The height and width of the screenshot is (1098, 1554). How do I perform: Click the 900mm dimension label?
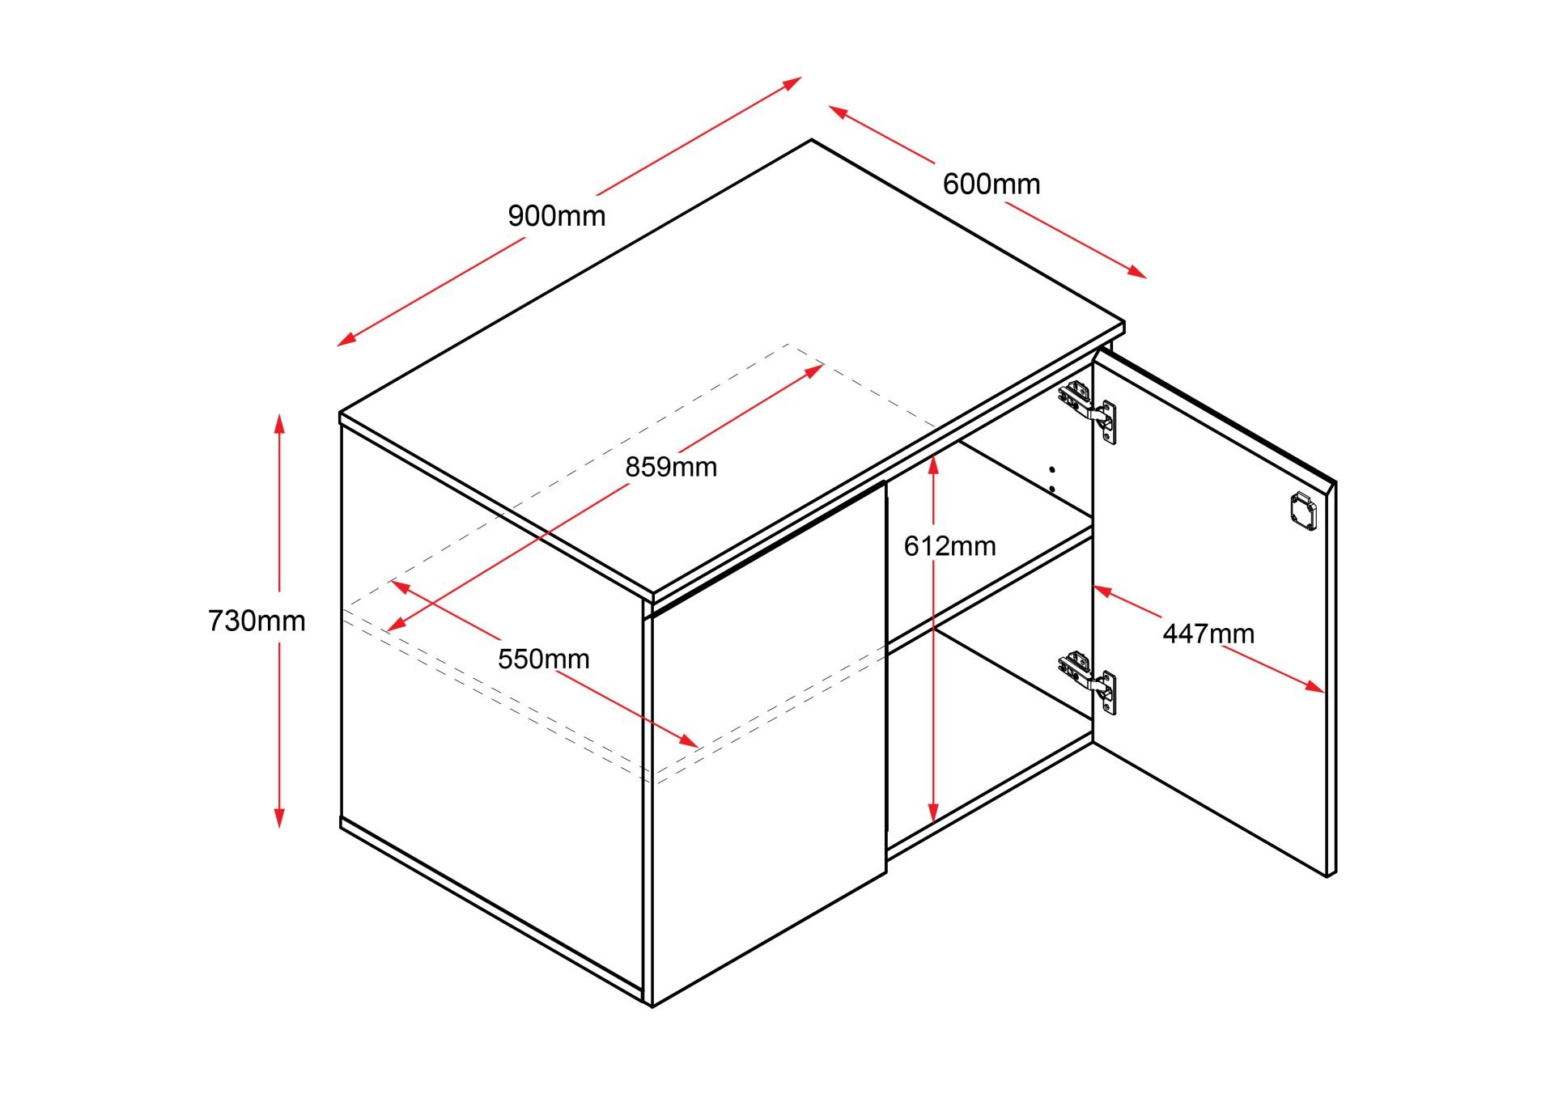pyautogui.click(x=557, y=216)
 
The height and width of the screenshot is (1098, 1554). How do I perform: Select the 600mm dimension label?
pyautogui.click(x=991, y=184)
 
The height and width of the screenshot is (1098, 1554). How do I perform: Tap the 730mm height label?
pyautogui.click(x=257, y=621)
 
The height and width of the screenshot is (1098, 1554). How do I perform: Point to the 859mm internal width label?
pyautogui.click(x=671, y=467)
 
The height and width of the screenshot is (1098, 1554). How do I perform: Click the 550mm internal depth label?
pyautogui.click(x=543, y=659)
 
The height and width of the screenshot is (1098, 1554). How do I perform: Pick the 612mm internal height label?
pyautogui.click(x=949, y=546)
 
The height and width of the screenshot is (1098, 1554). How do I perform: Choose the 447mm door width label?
pyautogui.click(x=1208, y=633)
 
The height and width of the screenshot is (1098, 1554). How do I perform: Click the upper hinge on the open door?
pyautogui.click(x=1088, y=411)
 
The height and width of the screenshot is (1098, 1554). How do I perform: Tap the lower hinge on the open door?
pyautogui.click(x=1088, y=682)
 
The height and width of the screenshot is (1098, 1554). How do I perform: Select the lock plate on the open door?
pyautogui.click(x=1303, y=511)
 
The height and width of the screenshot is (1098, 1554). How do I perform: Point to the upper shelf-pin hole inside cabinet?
pyautogui.click(x=1051, y=468)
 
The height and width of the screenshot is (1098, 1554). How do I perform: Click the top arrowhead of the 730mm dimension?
pyautogui.click(x=279, y=423)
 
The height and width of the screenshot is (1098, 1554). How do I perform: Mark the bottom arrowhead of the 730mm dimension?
pyautogui.click(x=279, y=817)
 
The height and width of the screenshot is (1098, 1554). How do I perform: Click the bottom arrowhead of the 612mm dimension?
pyautogui.click(x=933, y=812)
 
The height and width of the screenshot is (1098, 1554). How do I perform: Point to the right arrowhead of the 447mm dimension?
pyautogui.click(x=1315, y=687)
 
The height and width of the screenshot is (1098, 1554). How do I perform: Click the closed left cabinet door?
pyautogui.click(x=768, y=744)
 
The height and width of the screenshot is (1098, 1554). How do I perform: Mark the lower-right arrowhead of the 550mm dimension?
pyautogui.click(x=688, y=741)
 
